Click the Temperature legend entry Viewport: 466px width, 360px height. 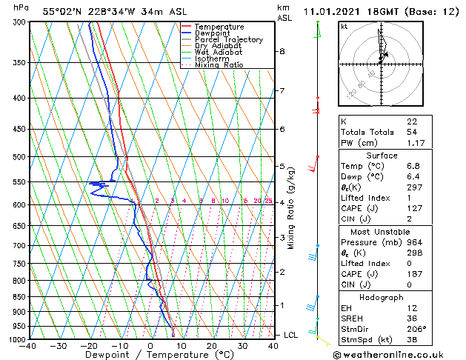[x=219, y=27]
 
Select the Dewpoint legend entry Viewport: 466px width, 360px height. [x=213, y=33]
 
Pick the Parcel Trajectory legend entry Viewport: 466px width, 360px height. [x=228, y=40]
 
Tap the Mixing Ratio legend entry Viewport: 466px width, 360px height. [x=219, y=65]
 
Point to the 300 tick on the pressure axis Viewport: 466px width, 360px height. [x=19, y=22]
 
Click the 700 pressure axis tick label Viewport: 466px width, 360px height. [x=19, y=245]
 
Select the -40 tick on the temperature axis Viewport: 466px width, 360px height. [x=29, y=346]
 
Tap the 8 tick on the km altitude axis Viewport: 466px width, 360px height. [x=282, y=51]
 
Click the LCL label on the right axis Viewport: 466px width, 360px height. [x=291, y=335]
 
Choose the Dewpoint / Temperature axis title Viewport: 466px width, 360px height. [x=148, y=355]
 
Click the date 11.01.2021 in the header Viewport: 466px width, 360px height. [x=331, y=10]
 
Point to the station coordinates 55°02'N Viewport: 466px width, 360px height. [x=61, y=10]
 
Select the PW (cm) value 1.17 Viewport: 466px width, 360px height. [x=413, y=143]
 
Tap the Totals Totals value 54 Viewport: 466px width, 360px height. [x=411, y=132]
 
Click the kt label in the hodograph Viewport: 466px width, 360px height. [x=344, y=26]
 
